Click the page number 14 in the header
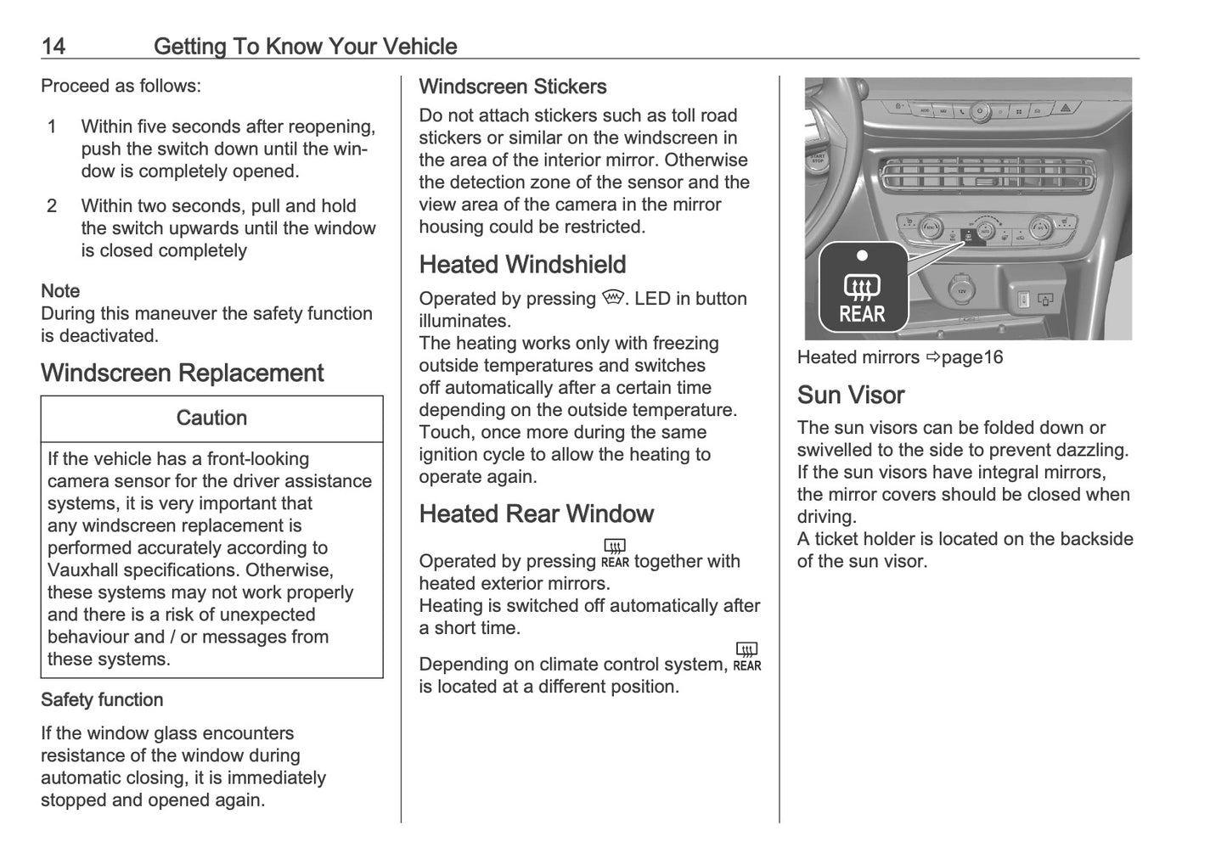(x=53, y=46)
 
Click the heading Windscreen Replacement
(x=182, y=373)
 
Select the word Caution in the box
(x=211, y=418)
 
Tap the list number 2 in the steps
(x=53, y=206)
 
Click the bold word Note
(x=60, y=291)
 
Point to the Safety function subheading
(x=102, y=700)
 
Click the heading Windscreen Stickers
(x=512, y=87)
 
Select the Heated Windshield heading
(x=522, y=265)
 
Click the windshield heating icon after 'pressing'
(x=612, y=298)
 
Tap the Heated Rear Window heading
(x=536, y=514)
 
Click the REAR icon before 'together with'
(x=615, y=553)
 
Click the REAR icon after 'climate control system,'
(x=747, y=658)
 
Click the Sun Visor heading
(x=851, y=396)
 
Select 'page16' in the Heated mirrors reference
(x=971, y=357)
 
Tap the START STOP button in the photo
(x=817, y=159)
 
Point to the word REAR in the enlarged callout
(x=862, y=314)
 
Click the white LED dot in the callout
(x=862, y=255)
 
